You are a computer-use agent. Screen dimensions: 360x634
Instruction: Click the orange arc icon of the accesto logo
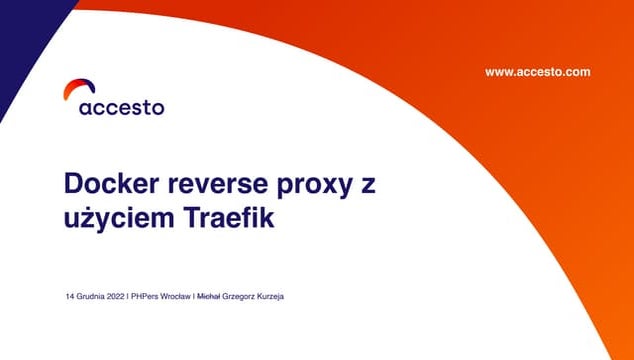click(x=73, y=89)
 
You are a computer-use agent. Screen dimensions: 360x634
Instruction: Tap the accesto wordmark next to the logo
click(x=121, y=107)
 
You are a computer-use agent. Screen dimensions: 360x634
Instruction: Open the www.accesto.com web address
click(x=537, y=72)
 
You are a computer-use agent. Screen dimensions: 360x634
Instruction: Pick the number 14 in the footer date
click(x=70, y=297)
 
